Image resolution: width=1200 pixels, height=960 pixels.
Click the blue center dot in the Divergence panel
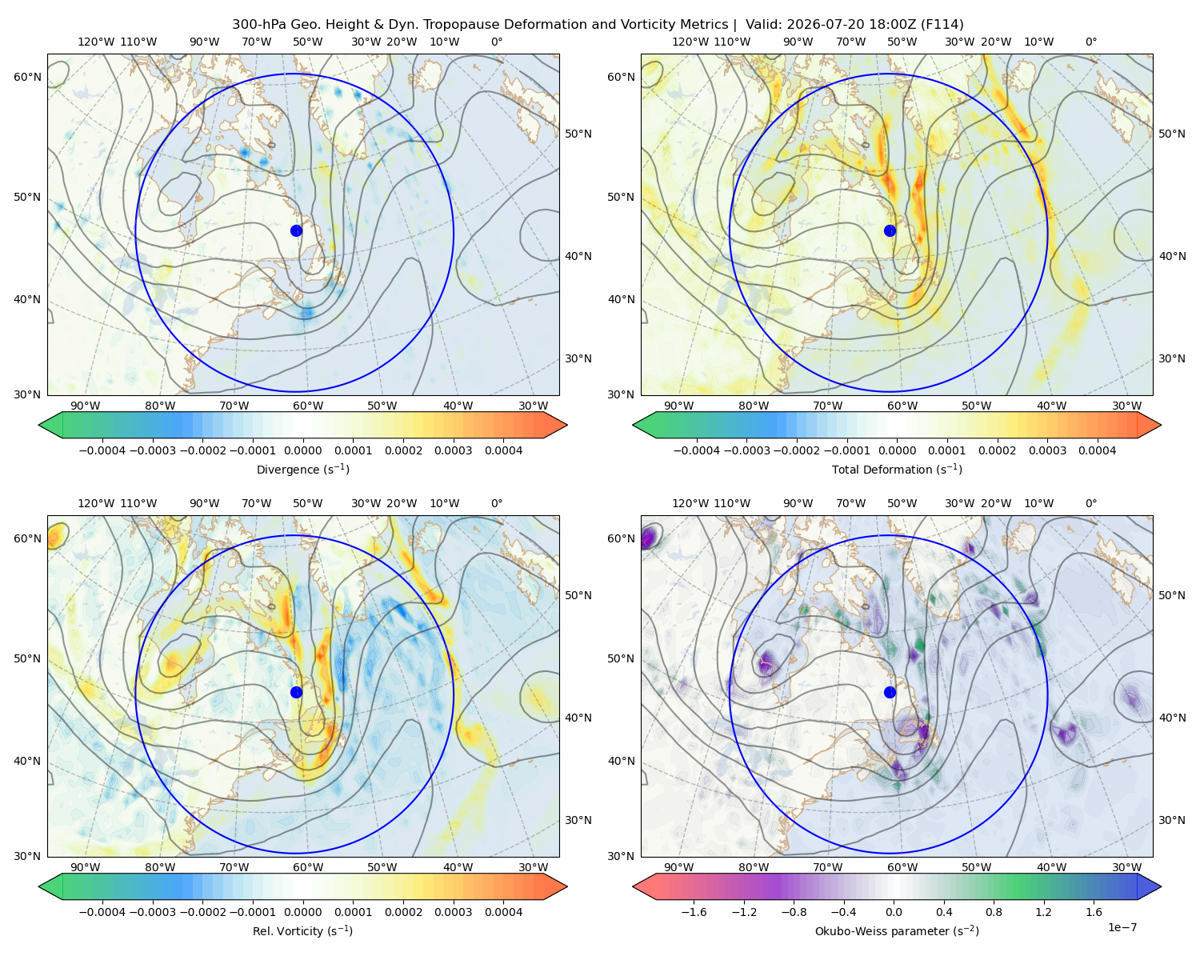296,230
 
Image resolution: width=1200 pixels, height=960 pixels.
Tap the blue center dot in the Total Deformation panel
890,230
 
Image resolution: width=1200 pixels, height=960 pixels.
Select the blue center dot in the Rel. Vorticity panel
296,692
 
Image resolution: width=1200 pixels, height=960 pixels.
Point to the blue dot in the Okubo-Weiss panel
890,692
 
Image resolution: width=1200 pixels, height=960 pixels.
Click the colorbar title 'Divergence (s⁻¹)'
302,469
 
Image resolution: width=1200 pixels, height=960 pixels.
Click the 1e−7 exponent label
1122,927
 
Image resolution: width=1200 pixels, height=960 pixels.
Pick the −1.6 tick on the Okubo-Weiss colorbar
694,912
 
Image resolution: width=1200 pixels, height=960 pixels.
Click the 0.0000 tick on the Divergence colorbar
302,450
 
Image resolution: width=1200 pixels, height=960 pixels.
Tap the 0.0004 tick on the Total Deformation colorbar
1098,450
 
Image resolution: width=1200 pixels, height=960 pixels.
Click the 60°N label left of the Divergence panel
27,77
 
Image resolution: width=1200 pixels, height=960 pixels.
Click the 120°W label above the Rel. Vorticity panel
96,503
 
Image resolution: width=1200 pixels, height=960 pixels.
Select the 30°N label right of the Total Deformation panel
1172,358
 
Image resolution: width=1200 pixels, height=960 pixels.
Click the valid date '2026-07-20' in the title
819,25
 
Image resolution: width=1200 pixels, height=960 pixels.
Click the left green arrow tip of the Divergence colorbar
39,425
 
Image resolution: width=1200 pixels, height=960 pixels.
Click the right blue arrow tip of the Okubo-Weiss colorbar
1161,886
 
